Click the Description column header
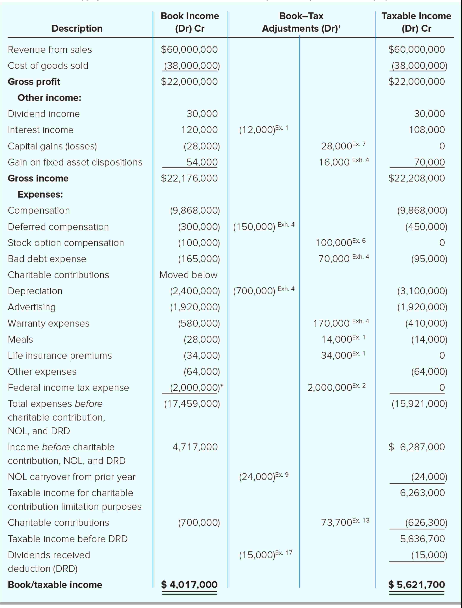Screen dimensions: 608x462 coord(77,29)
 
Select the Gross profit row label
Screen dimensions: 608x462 coord(34,82)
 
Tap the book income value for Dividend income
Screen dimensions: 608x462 coord(202,114)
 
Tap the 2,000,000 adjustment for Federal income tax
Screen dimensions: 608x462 coord(330,388)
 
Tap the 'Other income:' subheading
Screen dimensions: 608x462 coord(50,98)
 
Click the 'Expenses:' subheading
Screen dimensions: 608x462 coord(40,194)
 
